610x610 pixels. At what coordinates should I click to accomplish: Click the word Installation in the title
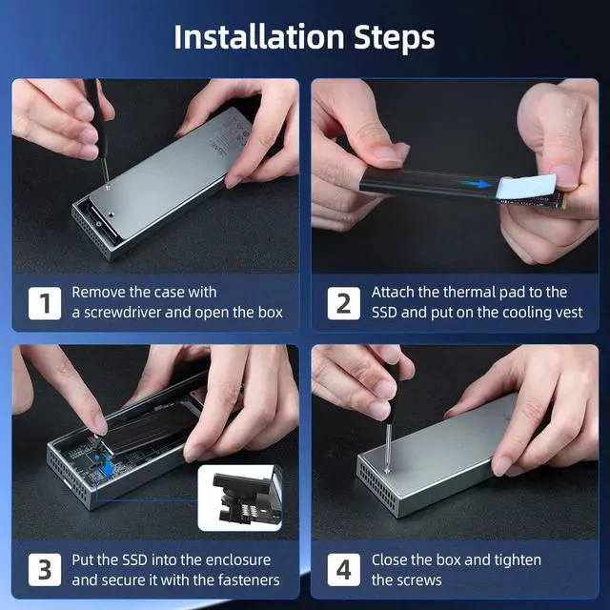tap(258, 37)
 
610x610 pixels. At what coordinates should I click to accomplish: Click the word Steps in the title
tap(394, 38)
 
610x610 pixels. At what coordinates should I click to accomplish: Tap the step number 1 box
tap(45, 303)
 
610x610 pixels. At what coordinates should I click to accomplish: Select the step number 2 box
tap(343, 303)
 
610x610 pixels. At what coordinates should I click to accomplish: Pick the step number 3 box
tap(45, 570)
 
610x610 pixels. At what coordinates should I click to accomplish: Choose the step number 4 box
tap(343, 570)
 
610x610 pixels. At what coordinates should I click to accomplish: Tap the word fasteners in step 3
tap(249, 580)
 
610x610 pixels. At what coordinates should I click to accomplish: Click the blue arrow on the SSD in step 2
tap(475, 184)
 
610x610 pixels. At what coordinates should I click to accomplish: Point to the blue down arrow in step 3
tap(109, 469)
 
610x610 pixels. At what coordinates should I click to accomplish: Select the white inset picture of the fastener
tap(239, 498)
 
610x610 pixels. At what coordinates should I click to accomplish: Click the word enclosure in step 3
tap(238, 559)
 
